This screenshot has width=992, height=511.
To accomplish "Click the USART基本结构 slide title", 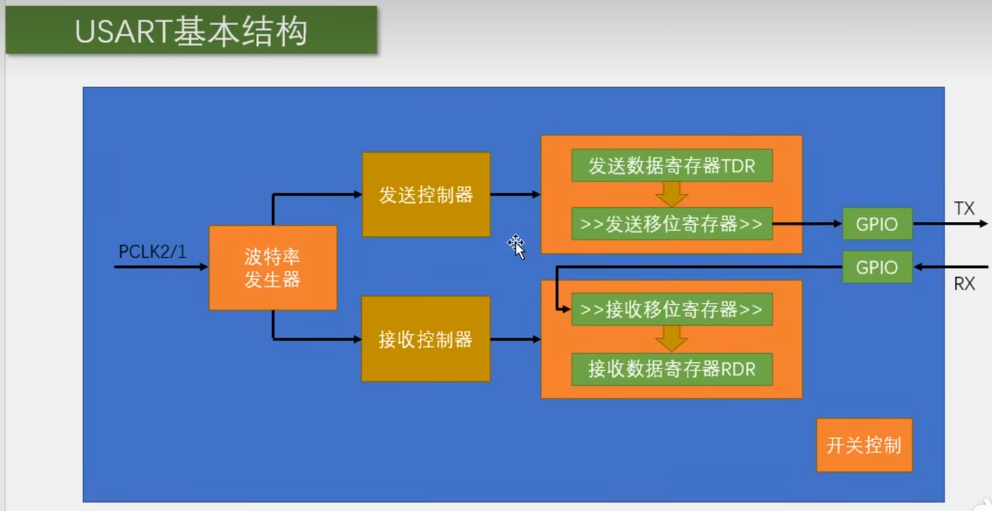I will [x=191, y=31].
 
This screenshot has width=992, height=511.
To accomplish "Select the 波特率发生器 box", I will [x=272, y=268].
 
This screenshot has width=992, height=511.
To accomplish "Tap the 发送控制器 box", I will [x=426, y=195].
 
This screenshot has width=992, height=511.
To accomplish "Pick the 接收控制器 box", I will [x=425, y=339].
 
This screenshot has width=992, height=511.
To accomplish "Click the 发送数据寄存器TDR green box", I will [x=672, y=165].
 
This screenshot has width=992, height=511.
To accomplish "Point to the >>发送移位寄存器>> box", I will [x=672, y=223].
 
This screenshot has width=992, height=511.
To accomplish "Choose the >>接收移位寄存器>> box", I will [x=672, y=310].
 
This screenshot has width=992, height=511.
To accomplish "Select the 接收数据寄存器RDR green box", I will [x=672, y=369].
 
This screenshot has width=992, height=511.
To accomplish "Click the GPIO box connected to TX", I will [x=877, y=224].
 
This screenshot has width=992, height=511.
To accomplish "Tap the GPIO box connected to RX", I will [x=877, y=268].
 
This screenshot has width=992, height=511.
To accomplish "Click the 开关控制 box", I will [x=864, y=445].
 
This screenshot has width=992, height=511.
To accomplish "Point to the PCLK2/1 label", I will [x=153, y=252].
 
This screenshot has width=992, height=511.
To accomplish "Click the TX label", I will [x=964, y=209].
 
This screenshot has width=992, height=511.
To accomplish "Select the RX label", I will [x=964, y=284].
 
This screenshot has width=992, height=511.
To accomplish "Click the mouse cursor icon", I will [x=516, y=246].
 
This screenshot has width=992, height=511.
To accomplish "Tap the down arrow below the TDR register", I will [x=672, y=194].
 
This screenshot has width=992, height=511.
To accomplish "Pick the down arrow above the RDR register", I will [x=672, y=338].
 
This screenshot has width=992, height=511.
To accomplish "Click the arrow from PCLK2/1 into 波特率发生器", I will [x=161, y=267].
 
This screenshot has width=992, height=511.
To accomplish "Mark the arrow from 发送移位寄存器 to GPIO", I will [x=807, y=223].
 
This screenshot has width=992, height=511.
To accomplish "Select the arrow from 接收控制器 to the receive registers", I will [x=515, y=340].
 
